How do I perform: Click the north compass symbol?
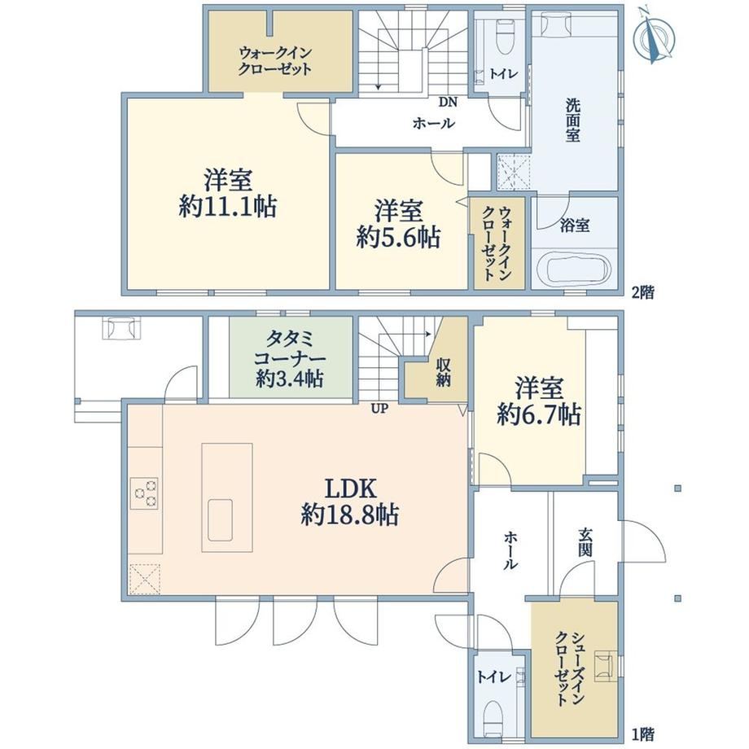[x=653, y=37]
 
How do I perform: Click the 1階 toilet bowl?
[x=493, y=720]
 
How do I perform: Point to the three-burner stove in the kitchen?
[x=145, y=493]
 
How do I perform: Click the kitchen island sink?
[x=220, y=520]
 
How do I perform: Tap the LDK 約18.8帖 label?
[x=351, y=502]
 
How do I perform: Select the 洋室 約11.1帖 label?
[x=228, y=194]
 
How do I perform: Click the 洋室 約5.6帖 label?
[x=398, y=225]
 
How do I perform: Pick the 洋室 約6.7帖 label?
[x=539, y=401]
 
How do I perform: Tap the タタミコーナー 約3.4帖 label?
[x=290, y=359]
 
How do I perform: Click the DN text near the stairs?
[x=448, y=102]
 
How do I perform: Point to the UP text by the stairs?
[x=379, y=409]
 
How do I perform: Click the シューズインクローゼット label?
[x=569, y=668]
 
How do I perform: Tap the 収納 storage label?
[x=443, y=372]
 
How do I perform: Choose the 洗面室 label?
[x=572, y=120]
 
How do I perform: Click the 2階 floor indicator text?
[x=643, y=292]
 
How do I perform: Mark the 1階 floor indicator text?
[x=643, y=734]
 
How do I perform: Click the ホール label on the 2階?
[x=434, y=125]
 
